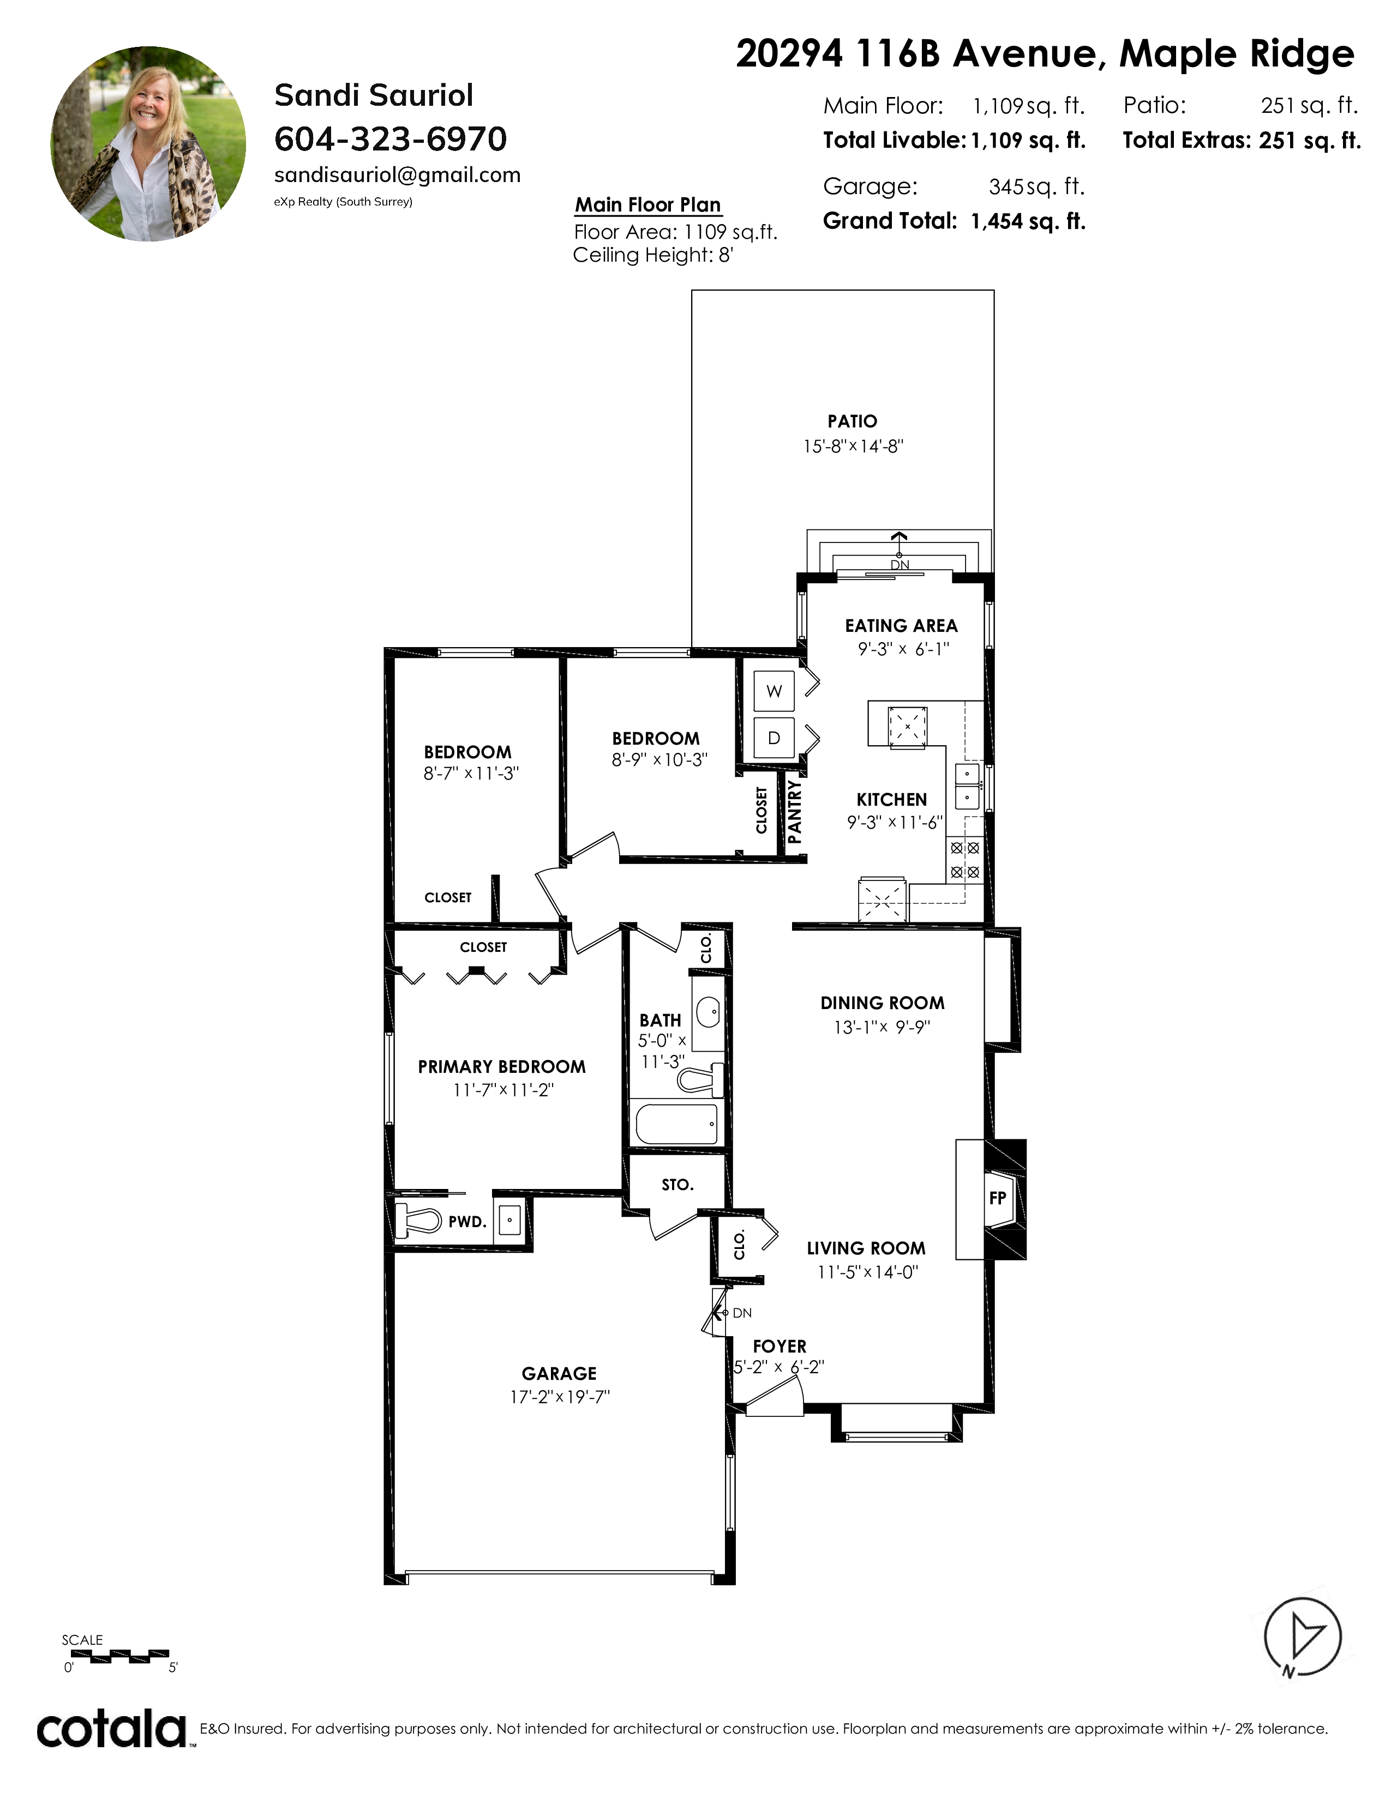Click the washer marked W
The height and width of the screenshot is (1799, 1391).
(774, 691)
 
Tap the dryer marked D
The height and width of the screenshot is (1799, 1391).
(774, 738)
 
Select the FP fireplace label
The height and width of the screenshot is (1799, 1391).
(997, 1198)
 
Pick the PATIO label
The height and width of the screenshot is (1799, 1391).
(852, 422)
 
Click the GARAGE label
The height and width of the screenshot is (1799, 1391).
(559, 1373)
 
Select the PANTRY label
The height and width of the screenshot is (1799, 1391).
(794, 812)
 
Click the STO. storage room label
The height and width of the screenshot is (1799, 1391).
(677, 1185)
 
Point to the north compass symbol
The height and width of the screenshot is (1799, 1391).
(1302, 1636)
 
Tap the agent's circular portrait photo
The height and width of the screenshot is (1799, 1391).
(148, 143)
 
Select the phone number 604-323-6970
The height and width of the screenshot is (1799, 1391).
(391, 139)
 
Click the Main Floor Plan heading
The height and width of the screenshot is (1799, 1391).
(647, 205)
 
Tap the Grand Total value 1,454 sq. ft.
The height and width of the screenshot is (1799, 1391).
(1028, 221)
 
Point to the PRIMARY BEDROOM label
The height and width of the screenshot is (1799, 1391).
(502, 1067)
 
